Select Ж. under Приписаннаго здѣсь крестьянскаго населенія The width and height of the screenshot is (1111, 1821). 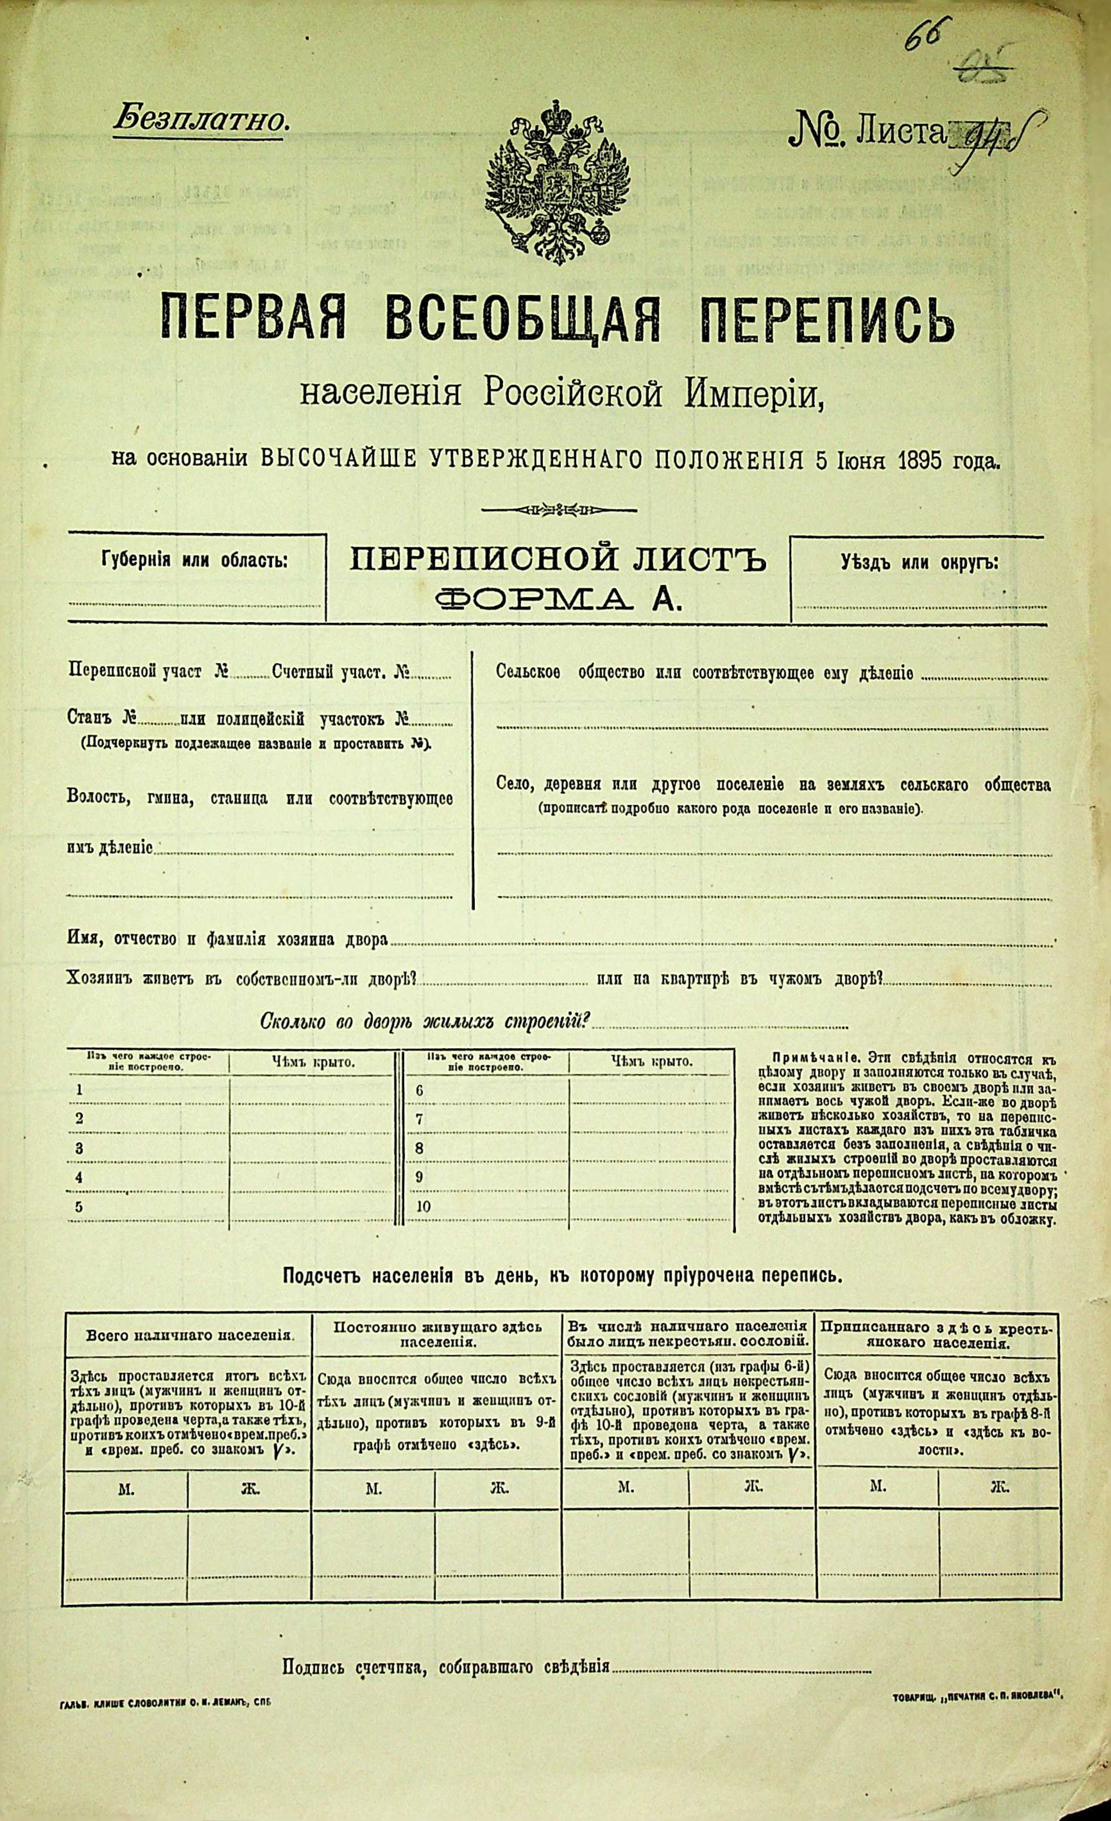pyautogui.click(x=999, y=1485)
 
